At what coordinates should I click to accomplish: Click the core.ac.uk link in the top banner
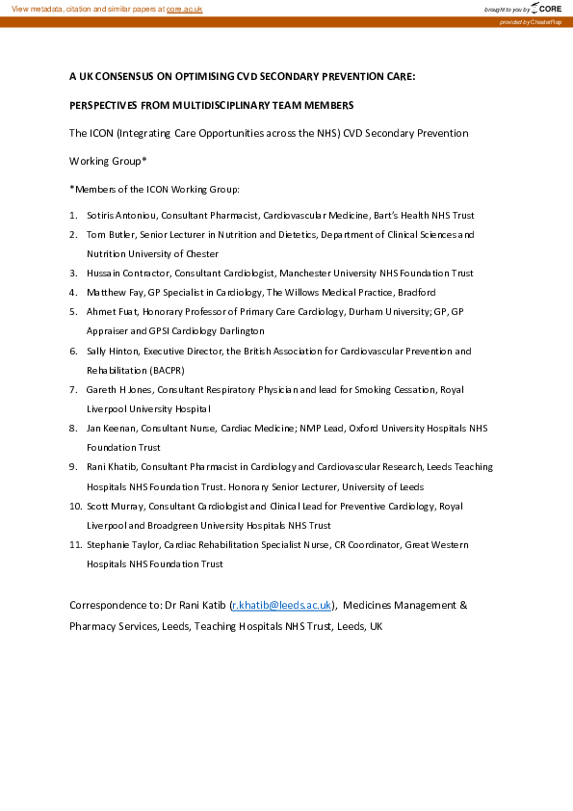click(x=184, y=8)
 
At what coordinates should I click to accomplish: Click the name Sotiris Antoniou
click(x=119, y=215)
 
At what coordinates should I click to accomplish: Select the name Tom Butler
click(x=109, y=234)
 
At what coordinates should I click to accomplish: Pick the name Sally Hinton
click(x=111, y=351)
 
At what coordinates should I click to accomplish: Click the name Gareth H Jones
click(x=119, y=389)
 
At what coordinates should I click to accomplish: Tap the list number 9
click(x=73, y=466)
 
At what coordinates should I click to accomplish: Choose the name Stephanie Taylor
click(x=122, y=544)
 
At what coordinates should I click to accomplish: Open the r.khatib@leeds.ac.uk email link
click(x=282, y=605)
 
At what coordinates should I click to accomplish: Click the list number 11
click(x=74, y=544)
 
